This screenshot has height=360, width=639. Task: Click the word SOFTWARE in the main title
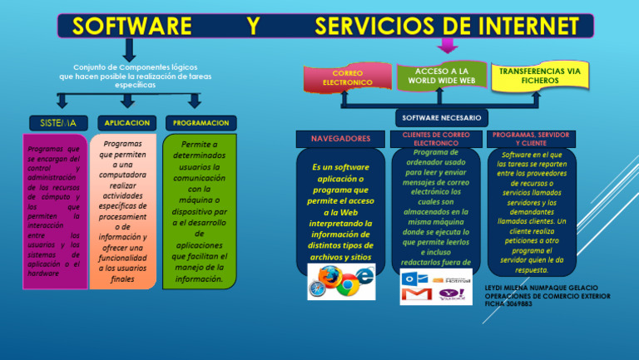[131, 26]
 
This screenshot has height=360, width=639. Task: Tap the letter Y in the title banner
[252, 26]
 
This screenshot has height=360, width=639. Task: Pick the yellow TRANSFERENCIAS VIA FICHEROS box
[540, 76]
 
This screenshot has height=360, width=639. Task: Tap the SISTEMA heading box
[57, 122]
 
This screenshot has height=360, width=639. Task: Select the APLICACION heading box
[127, 122]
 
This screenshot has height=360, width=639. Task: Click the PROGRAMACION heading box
[201, 122]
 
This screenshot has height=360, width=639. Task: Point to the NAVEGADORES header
[341, 137]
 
